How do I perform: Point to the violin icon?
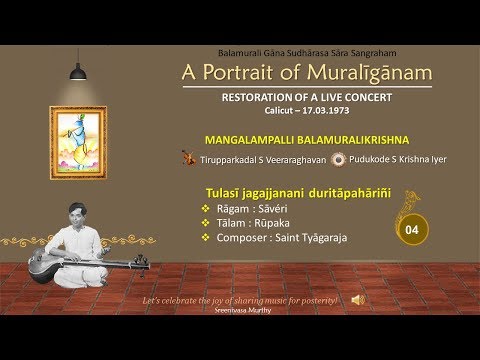click(x=187, y=157)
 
